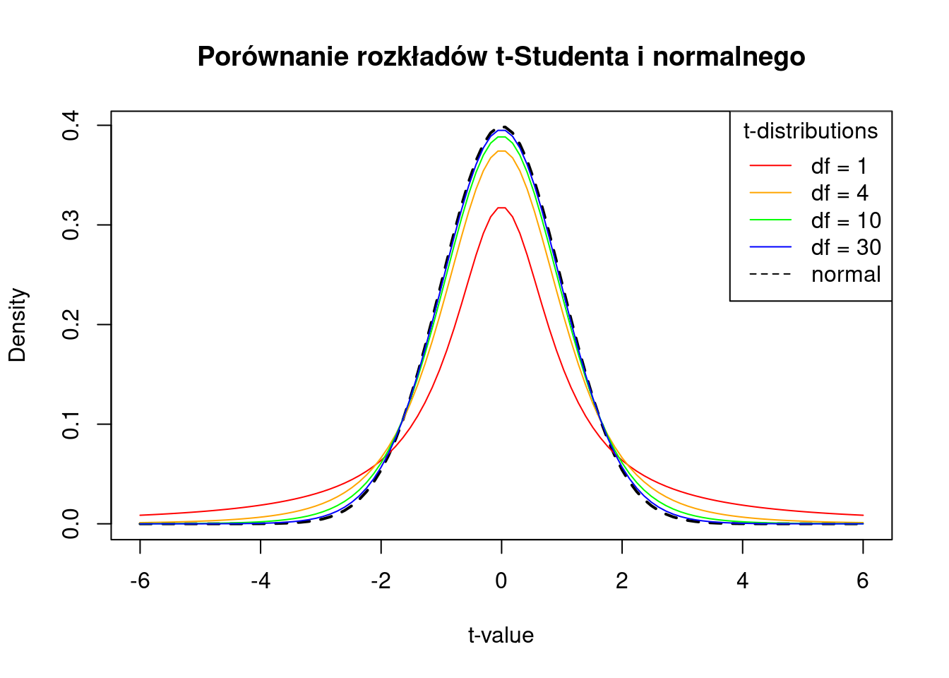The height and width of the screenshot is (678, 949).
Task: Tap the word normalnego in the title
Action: pos(729,56)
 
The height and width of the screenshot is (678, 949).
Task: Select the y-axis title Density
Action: pos(18,325)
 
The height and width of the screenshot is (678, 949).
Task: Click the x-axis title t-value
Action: pos(501,636)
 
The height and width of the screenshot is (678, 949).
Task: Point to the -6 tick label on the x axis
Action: pos(139,581)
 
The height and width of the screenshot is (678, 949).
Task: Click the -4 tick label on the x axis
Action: pos(260,581)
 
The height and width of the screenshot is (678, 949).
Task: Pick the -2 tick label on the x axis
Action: pos(381,581)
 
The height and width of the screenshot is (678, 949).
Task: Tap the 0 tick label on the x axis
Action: pos(501,581)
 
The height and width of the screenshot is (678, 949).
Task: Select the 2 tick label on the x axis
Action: pos(622,581)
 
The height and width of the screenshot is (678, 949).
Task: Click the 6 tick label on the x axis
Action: pos(863,581)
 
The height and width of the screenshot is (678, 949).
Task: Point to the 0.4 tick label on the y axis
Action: pos(71,126)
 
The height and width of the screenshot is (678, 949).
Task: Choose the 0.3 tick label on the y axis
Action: pos(71,225)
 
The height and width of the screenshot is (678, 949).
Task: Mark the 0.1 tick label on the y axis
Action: pos(71,424)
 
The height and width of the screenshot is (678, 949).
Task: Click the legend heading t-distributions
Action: pos(811,131)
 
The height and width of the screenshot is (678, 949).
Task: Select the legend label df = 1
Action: pos(839,167)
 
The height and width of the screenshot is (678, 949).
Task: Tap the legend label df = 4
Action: pos(840,194)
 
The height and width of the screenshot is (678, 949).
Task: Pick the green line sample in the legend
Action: pos(770,220)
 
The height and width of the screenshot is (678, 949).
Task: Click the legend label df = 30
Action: pos(846,248)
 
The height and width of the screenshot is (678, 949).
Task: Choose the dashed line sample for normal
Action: pos(770,275)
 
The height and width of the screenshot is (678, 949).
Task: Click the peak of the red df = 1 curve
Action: pos(501,208)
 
